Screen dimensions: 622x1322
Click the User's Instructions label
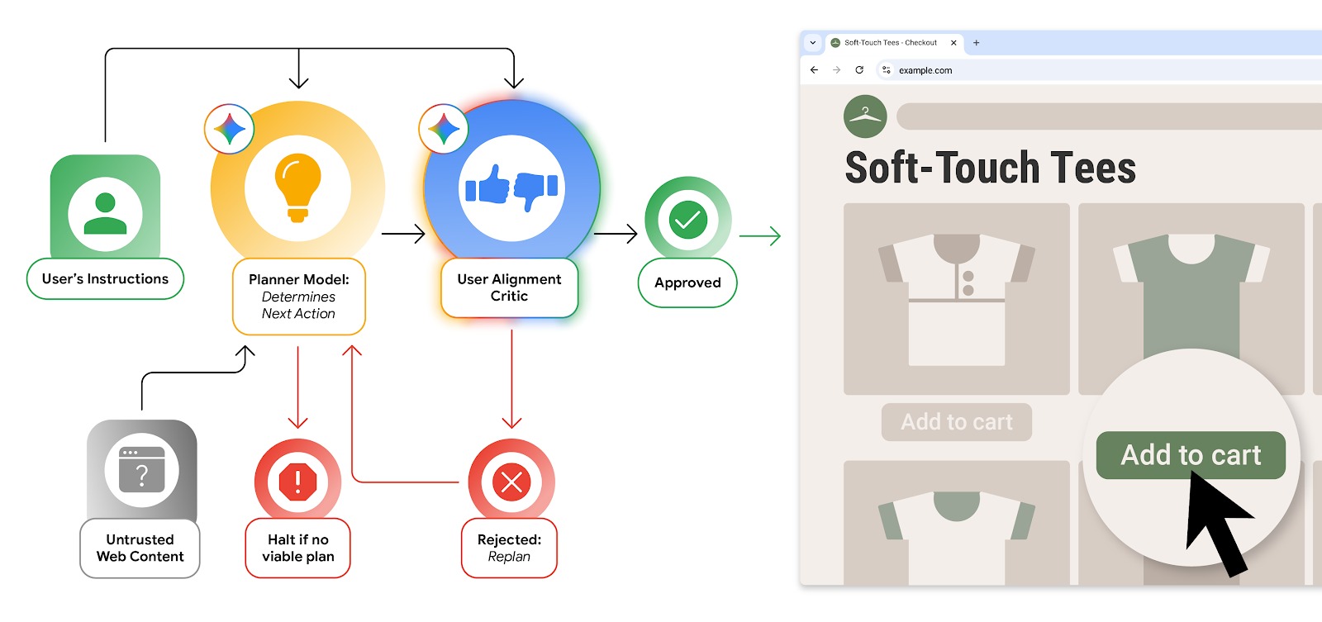[x=105, y=279]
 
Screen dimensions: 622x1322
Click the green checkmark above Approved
[x=687, y=220]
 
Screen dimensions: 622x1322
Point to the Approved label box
[x=687, y=283]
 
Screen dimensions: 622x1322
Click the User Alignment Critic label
[x=509, y=287]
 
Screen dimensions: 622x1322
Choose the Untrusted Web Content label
[x=140, y=548]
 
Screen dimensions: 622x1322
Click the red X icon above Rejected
[x=511, y=482]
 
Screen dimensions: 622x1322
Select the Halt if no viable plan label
[x=297, y=548]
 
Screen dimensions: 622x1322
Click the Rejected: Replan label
[x=509, y=548]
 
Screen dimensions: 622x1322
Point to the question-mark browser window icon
[x=142, y=470]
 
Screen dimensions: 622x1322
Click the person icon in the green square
[x=105, y=214]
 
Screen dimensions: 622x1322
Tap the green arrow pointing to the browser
[x=759, y=236]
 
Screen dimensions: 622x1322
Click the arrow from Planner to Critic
[x=403, y=235]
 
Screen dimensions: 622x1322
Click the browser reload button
[x=859, y=70]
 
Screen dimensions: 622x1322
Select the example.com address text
[x=925, y=71]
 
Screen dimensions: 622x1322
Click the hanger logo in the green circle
[x=865, y=116]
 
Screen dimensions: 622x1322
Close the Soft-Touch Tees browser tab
[x=953, y=43]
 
